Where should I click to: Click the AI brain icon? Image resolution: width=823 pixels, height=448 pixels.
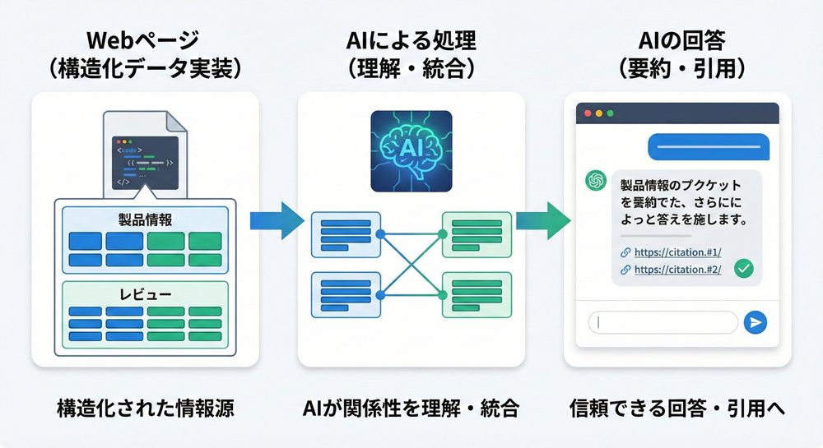tap(411, 151)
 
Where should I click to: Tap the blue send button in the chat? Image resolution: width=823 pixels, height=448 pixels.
tap(754, 322)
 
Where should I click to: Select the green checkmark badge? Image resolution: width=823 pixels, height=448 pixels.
tap(744, 267)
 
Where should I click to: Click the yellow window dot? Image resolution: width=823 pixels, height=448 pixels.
tap(599, 113)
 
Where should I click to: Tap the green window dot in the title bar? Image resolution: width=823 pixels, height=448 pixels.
tap(611, 113)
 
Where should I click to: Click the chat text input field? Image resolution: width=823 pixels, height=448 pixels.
tap(663, 322)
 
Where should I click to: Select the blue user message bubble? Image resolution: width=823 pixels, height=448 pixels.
tap(708, 146)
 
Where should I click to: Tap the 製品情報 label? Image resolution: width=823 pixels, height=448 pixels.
tap(145, 219)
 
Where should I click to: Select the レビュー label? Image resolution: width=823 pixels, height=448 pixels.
tap(145, 293)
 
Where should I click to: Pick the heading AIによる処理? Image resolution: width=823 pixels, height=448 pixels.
tap(411, 40)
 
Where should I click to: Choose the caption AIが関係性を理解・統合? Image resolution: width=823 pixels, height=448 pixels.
tap(410, 409)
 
